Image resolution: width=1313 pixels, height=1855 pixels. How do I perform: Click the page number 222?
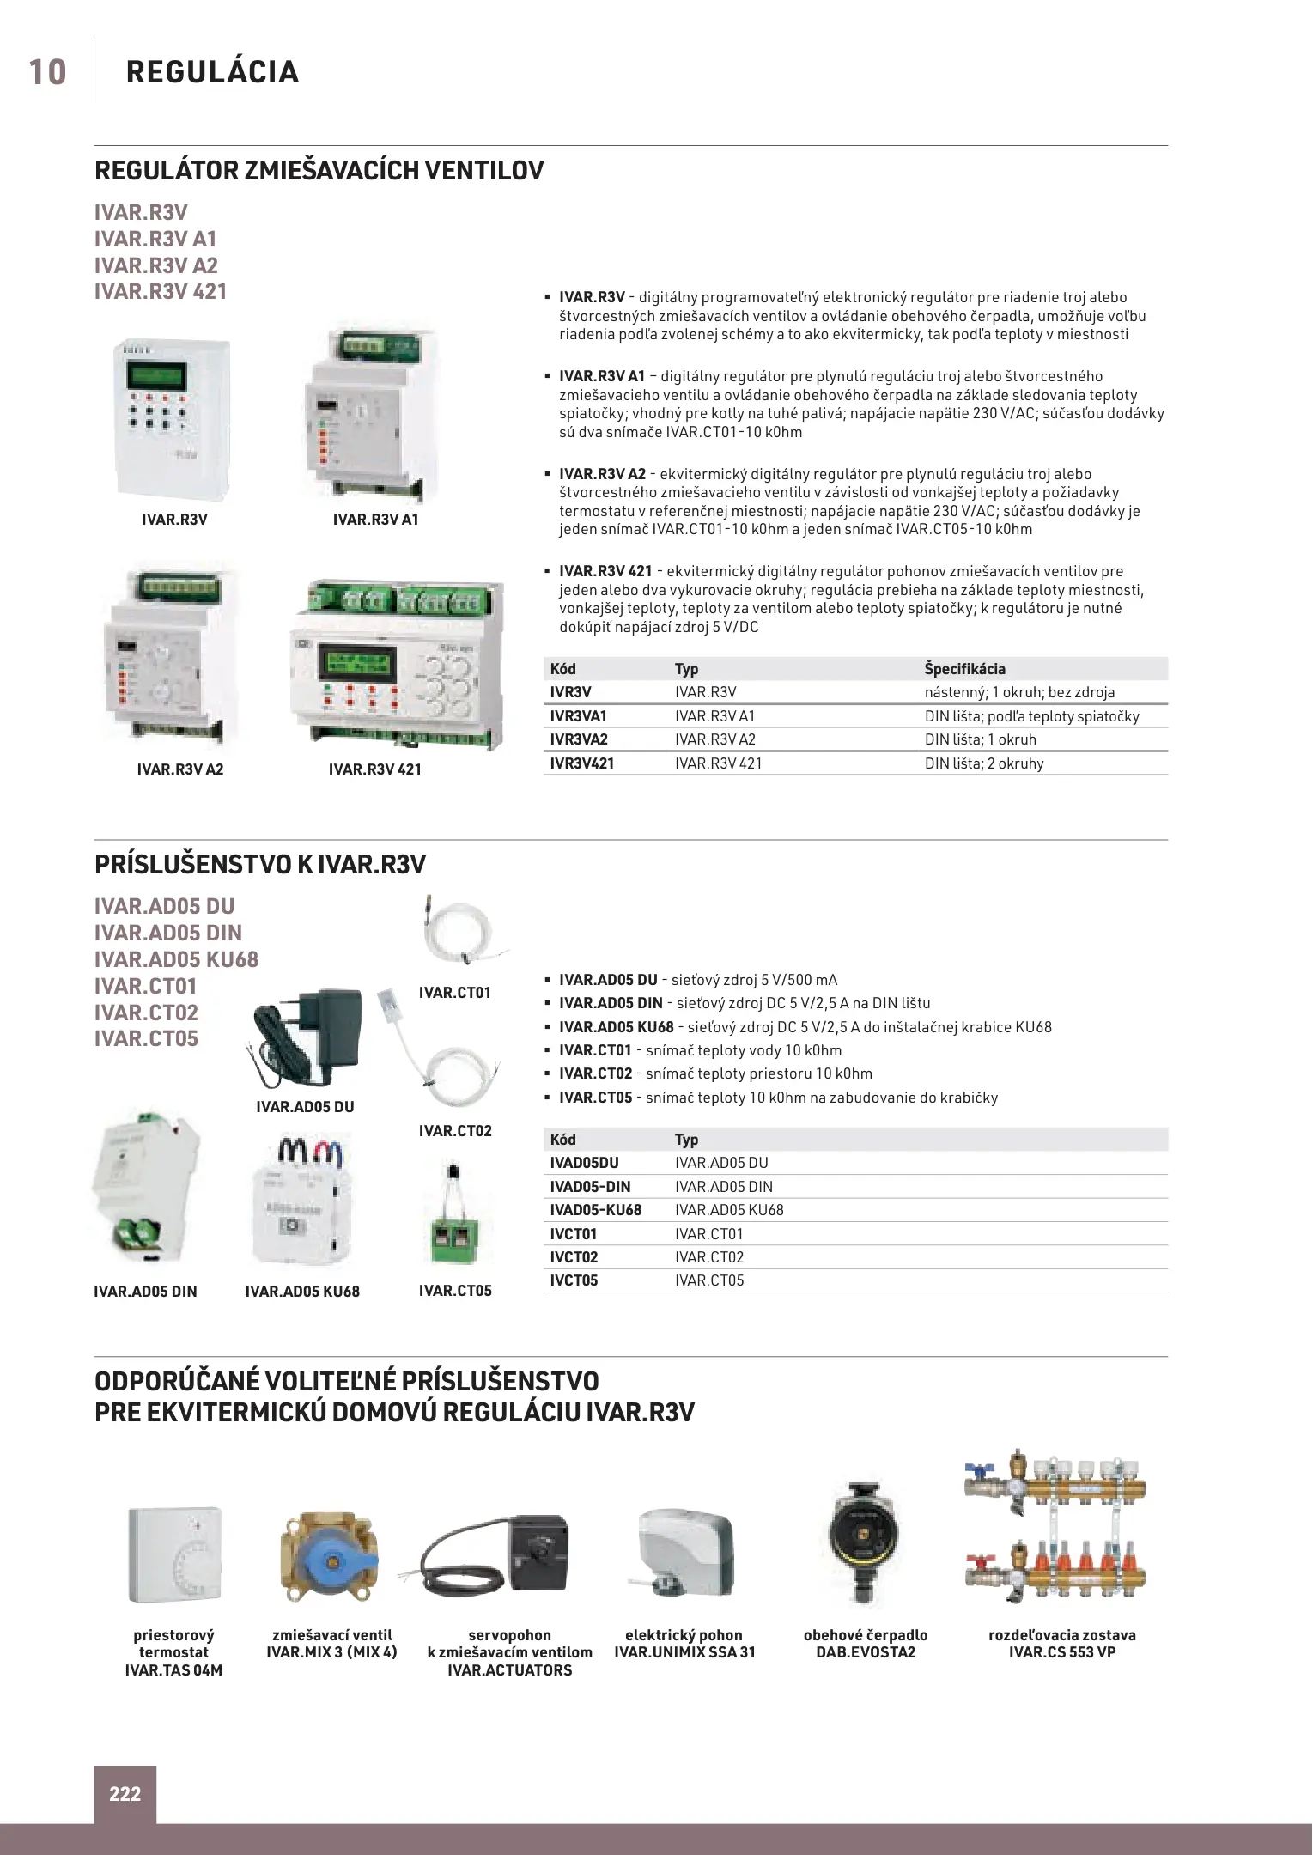(125, 1794)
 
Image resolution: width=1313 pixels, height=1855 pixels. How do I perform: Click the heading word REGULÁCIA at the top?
(212, 72)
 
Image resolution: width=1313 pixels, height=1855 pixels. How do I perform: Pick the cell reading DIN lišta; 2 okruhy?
(984, 763)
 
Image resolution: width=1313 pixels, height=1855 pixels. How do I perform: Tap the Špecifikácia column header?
(964, 669)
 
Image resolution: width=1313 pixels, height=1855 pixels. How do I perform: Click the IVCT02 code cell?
(574, 1257)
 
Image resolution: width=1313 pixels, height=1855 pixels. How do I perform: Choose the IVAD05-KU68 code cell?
(595, 1210)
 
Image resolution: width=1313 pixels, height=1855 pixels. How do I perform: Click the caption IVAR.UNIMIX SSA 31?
(684, 1652)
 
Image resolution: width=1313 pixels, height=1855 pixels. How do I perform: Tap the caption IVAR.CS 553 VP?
(1061, 1652)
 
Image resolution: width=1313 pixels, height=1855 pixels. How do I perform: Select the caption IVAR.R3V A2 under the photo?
(180, 769)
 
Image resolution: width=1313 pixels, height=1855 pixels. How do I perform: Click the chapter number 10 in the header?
(47, 72)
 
